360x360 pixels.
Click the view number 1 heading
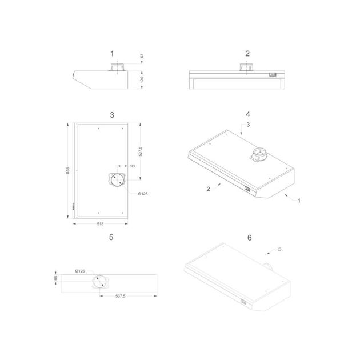[112, 54]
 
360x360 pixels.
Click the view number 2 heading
[247, 54]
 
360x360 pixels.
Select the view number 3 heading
[112, 115]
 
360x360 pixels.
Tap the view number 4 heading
[248, 114]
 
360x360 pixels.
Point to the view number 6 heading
[250, 238]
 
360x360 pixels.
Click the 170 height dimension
[142, 79]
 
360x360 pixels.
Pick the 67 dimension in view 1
[142, 56]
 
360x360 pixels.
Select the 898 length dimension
[68, 171]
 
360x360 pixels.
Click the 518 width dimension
[101, 224]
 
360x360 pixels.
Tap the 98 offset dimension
[133, 166]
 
